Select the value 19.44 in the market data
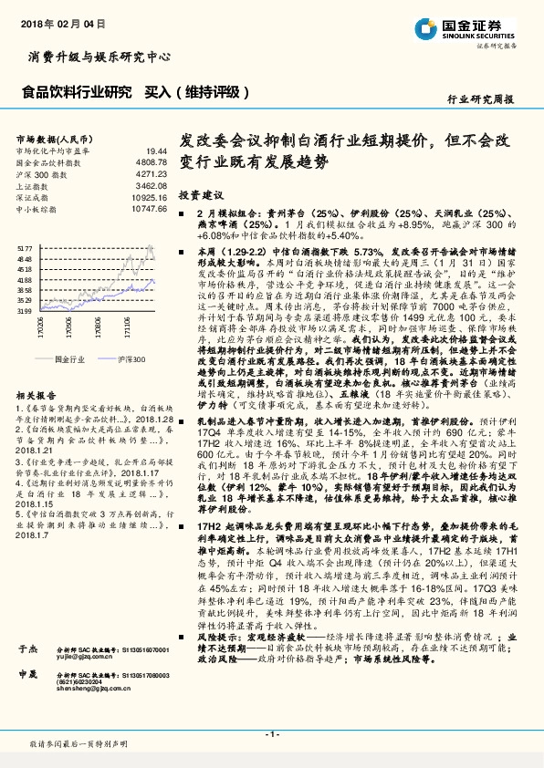point(157,150)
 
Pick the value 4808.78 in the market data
point(151,161)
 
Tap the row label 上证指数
point(34,185)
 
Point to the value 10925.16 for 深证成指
point(149,197)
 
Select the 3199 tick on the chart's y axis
point(25,311)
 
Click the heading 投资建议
point(199,195)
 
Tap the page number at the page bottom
point(271,734)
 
